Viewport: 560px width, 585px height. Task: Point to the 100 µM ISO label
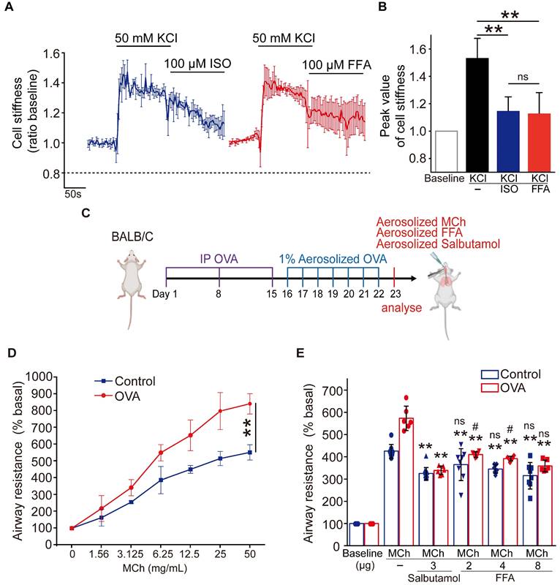[197, 64]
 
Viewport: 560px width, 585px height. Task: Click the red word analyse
[400, 307]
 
